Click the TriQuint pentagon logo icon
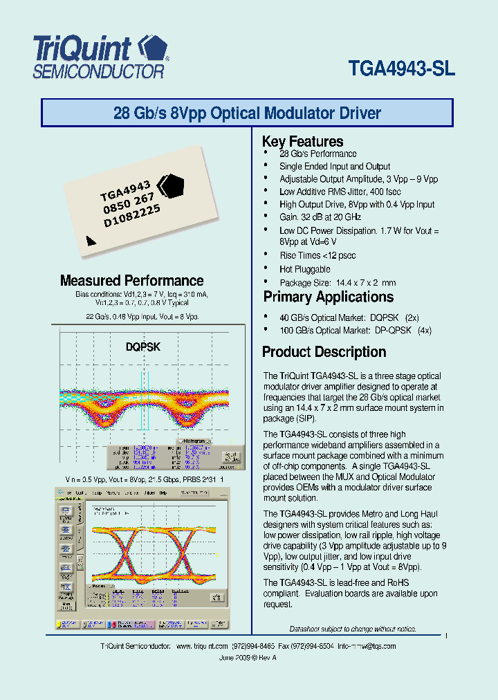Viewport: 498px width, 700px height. coord(153,49)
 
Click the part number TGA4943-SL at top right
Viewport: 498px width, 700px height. coord(402,70)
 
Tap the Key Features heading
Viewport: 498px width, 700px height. coord(302,141)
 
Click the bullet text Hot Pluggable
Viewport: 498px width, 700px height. coord(304,269)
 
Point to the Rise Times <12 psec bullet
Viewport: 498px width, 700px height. coord(317,255)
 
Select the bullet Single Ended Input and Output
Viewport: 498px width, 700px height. coord(335,167)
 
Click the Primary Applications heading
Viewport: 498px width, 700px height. coord(328,297)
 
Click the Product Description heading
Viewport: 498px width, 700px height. coord(324,352)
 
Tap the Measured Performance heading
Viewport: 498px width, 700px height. coord(131,281)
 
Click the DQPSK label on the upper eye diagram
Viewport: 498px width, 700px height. coord(142,347)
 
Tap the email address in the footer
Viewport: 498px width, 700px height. coord(367,646)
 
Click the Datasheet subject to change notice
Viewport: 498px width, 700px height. coord(353,629)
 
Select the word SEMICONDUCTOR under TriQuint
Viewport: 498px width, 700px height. coord(99,71)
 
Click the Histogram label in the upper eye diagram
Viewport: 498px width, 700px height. coord(193,441)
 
